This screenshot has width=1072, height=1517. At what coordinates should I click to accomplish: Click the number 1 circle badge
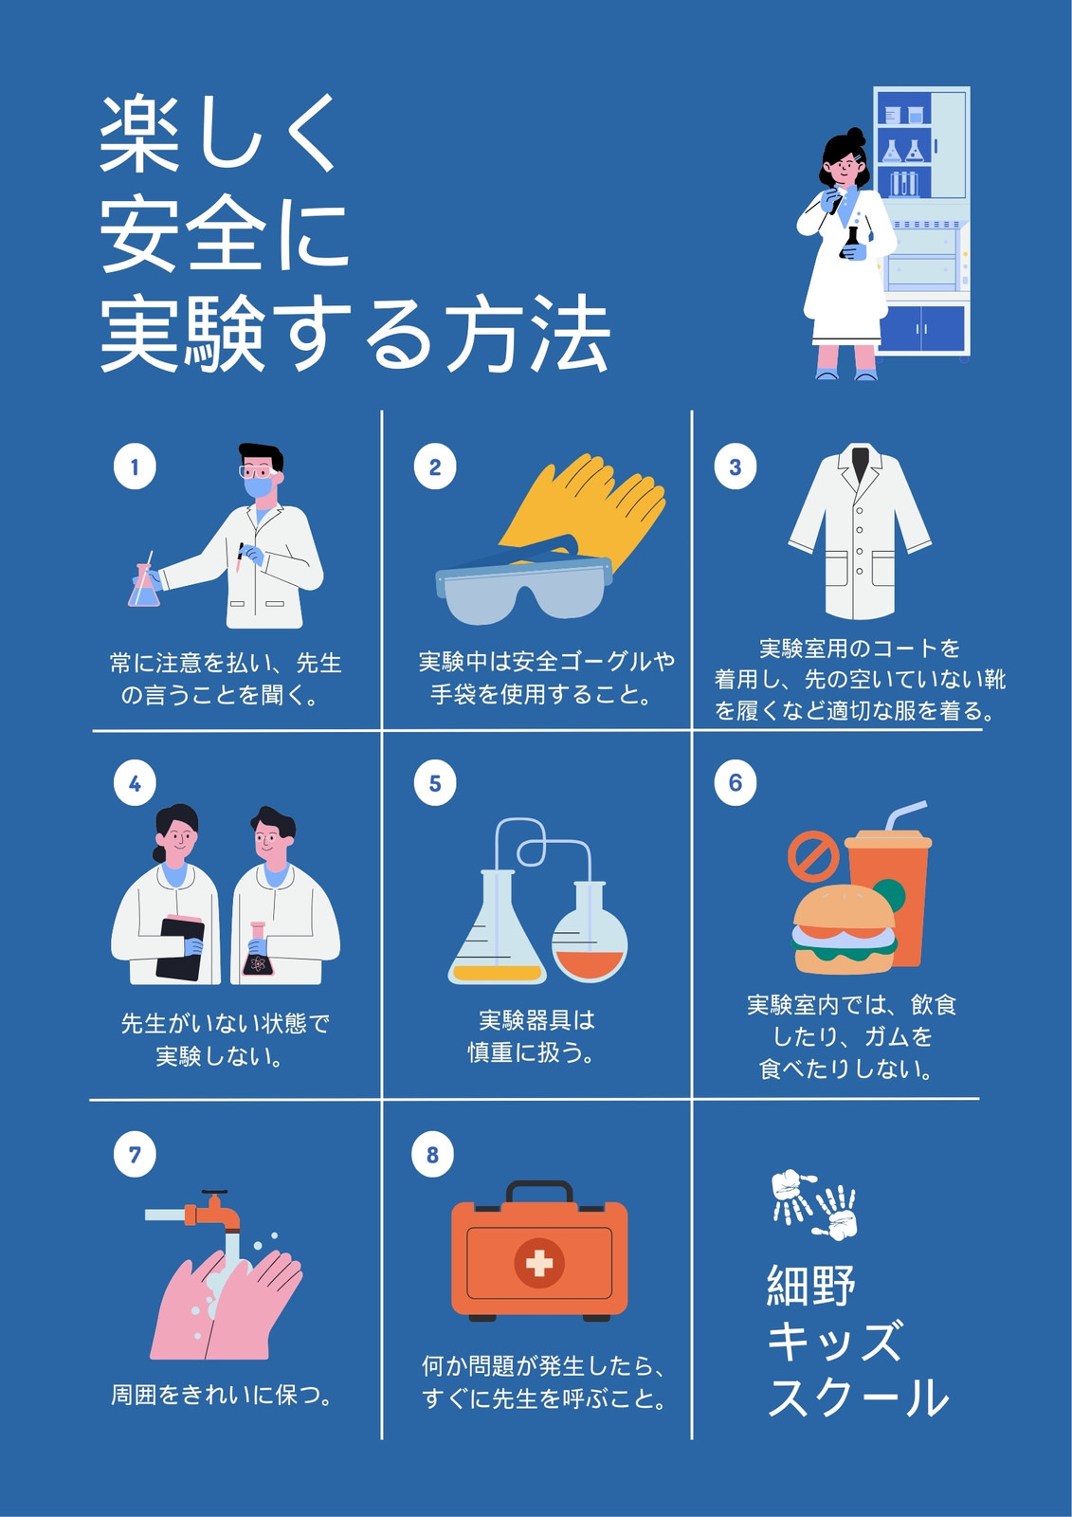click(x=135, y=466)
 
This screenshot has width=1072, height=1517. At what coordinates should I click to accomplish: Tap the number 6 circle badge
click(x=736, y=783)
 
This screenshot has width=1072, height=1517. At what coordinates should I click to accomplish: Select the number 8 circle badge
click(x=433, y=1155)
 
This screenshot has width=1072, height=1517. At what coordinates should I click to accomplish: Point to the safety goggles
click(x=523, y=582)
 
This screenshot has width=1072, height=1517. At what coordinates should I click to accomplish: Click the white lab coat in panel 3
click(x=860, y=531)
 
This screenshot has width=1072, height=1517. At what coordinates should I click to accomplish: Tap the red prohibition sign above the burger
click(x=813, y=857)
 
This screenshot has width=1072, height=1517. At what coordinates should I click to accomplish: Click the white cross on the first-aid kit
click(x=539, y=1263)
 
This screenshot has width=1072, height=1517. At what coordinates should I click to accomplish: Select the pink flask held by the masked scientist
click(x=144, y=584)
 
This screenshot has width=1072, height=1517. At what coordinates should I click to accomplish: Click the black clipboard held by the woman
click(x=179, y=947)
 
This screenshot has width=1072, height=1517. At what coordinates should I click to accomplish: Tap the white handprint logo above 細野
click(x=813, y=1205)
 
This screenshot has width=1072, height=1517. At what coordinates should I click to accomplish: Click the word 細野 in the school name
click(x=811, y=1285)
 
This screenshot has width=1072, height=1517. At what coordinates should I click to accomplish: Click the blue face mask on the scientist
click(x=258, y=487)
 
